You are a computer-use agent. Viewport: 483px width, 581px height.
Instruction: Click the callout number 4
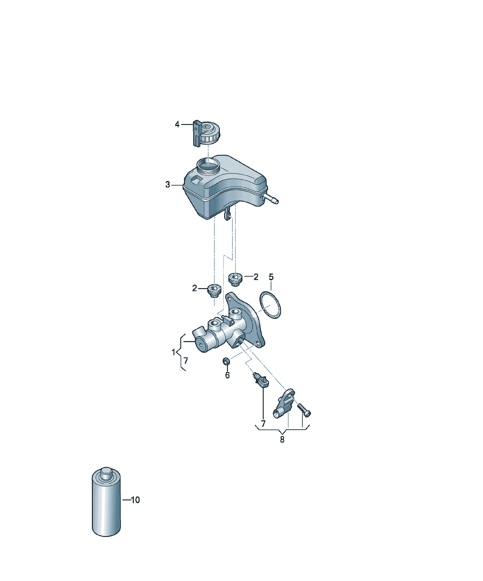[177, 124]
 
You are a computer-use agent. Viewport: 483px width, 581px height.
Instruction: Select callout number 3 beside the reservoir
[168, 185]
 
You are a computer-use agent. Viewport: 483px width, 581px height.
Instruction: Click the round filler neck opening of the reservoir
[208, 165]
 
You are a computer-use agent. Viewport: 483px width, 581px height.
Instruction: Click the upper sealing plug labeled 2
[235, 279]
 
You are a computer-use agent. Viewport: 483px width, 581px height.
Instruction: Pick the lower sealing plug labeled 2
[214, 291]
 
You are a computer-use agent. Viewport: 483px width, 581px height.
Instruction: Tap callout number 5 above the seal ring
[271, 277]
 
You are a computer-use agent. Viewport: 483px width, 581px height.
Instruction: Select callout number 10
[135, 500]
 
